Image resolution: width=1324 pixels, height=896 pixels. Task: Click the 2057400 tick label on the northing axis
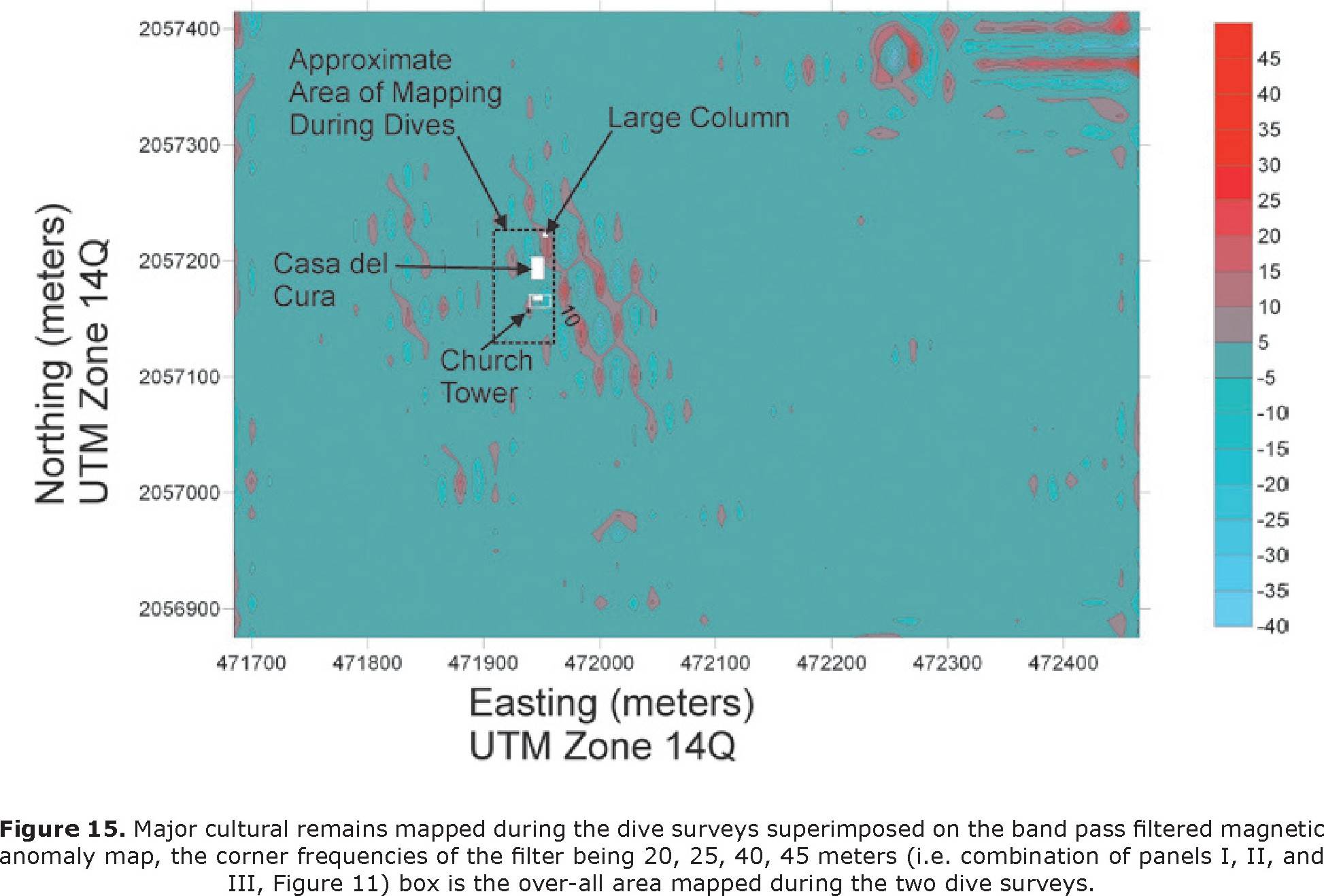point(179,29)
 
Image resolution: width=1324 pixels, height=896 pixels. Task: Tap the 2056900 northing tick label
point(179,608)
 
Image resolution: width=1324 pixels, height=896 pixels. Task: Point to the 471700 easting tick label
point(251,663)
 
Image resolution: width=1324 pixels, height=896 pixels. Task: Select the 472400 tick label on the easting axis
point(1063,663)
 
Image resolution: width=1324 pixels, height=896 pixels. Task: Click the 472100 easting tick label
point(715,663)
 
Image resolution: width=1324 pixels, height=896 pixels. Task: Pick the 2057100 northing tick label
point(179,377)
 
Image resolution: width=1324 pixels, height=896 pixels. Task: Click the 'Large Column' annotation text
point(698,118)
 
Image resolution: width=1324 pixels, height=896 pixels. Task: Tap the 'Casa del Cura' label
point(330,279)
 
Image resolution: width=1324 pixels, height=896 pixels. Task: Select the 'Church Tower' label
point(486,376)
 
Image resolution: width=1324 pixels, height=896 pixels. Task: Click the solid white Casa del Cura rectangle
point(537,268)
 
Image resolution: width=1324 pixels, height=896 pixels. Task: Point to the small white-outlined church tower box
point(541,300)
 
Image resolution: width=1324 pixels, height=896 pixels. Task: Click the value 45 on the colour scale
point(1268,59)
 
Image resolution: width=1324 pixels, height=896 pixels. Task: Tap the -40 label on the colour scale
point(1272,626)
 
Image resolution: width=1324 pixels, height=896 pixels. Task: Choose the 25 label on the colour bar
point(1268,201)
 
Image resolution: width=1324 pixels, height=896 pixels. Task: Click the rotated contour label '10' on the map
point(568,315)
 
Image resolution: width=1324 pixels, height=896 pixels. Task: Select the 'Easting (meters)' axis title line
point(611,703)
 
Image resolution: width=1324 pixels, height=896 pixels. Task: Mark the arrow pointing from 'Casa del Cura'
point(462,267)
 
